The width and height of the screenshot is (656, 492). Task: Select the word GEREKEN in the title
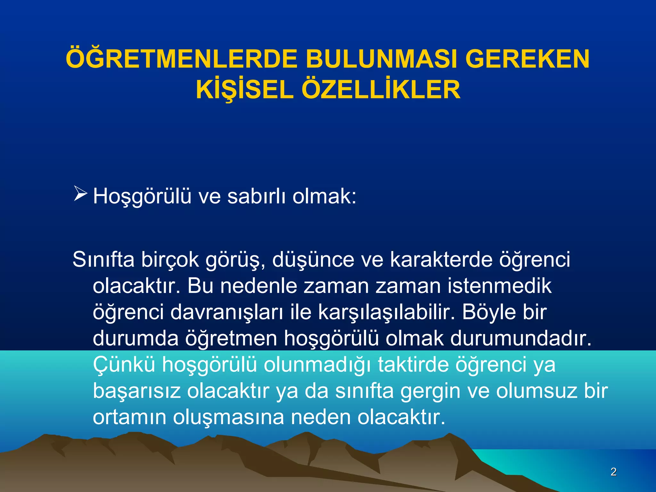click(527, 59)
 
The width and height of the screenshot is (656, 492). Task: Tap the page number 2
click(613, 471)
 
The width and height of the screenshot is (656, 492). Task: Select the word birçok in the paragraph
click(170, 259)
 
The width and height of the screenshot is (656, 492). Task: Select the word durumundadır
click(521, 338)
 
